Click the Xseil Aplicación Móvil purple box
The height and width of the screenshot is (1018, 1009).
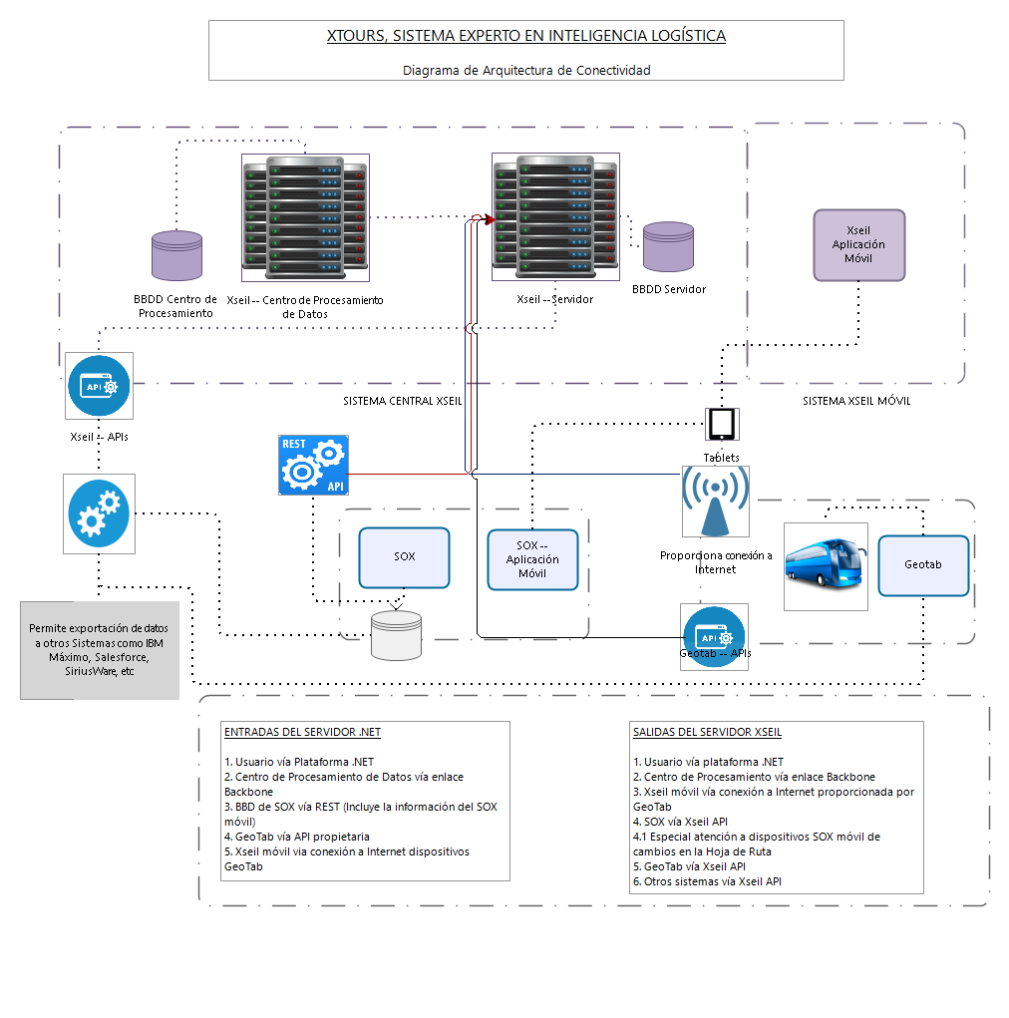[858, 244]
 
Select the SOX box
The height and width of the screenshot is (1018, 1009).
[404, 557]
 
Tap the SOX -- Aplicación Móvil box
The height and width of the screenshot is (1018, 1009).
[532, 559]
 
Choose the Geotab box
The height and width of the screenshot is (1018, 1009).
[922, 564]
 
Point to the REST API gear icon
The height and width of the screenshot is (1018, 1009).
[314, 465]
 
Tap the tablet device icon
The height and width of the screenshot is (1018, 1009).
[722, 425]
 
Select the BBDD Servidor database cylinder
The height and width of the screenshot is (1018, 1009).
[668, 246]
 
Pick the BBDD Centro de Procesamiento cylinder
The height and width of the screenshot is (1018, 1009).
[176, 255]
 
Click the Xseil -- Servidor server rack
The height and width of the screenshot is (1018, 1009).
[555, 216]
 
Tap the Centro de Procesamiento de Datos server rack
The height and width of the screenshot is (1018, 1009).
[305, 217]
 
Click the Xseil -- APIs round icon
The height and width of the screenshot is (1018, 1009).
[99, 386]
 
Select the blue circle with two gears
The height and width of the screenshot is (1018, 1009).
[99, 513]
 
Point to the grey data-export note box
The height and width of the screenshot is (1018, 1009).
[100, 650]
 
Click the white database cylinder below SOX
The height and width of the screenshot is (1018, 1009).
[396, 635]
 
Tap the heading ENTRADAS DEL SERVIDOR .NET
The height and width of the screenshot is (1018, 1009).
[302, 732]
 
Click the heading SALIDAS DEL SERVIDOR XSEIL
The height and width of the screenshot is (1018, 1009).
[707, 732]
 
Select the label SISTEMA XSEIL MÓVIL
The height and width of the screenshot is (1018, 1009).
[856, 401]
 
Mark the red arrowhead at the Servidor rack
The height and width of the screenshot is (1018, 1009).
[491, 220]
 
